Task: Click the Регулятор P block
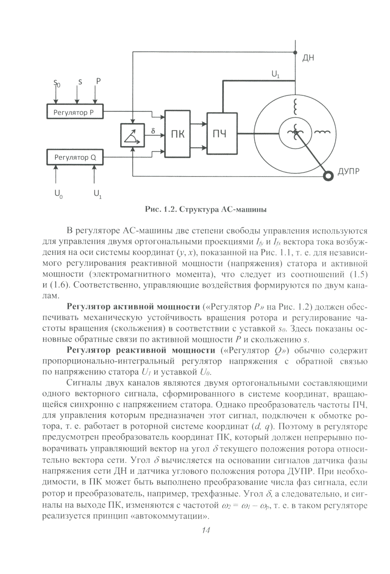[74, 112]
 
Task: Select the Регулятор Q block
[74, 158]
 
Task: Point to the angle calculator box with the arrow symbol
[132, 135]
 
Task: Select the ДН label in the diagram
[308, 58]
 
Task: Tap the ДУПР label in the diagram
[348, 171]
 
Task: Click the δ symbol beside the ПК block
[153, 131]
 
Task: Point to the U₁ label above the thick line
[275, 74]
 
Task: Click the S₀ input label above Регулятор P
[57, 83]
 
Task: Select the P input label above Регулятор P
[98, 81]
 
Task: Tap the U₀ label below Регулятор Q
[58, 193]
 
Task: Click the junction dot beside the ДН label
[295, 52]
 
